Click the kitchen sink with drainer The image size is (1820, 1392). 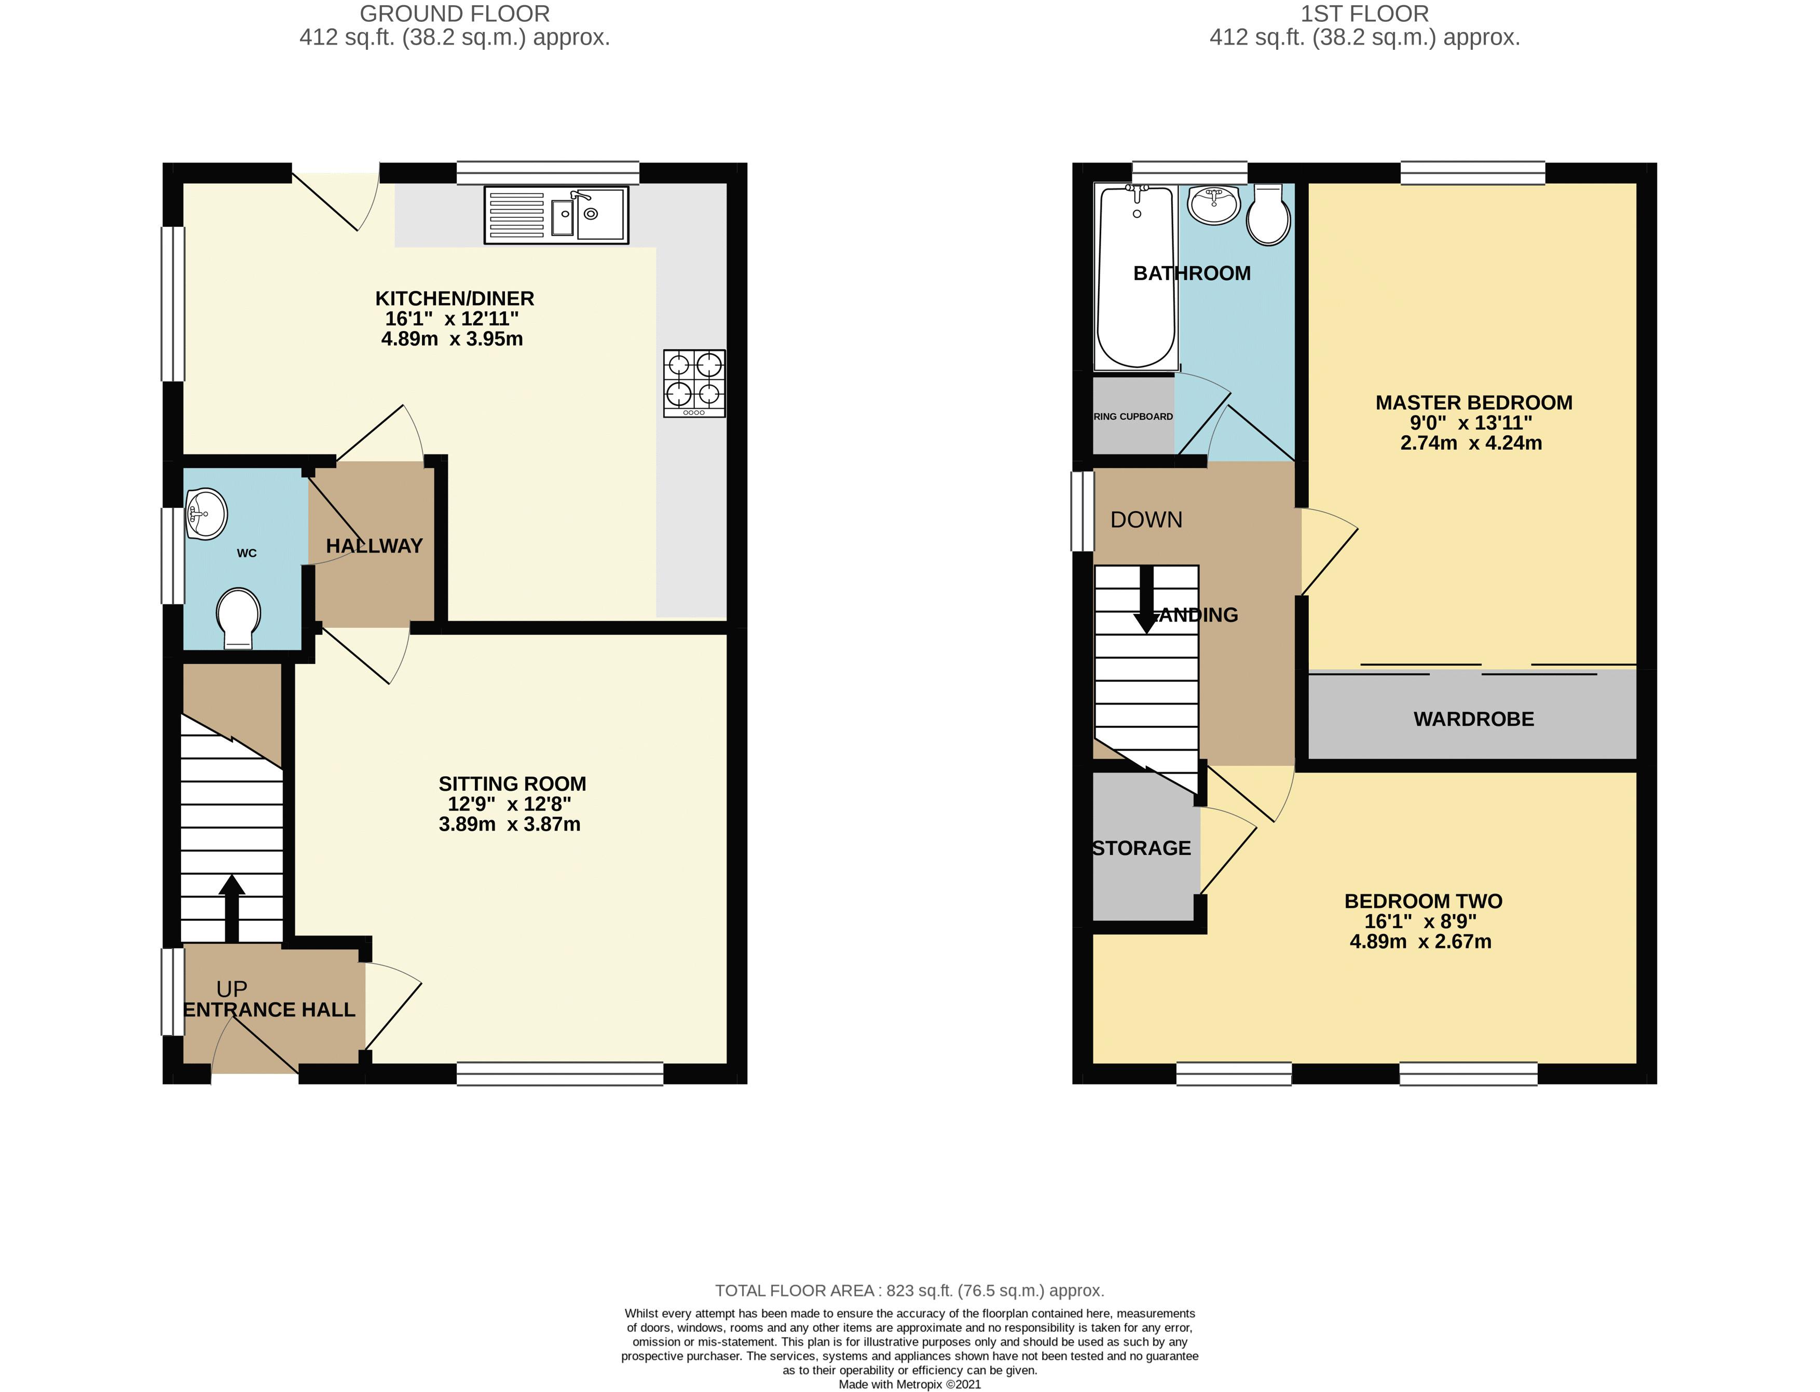tap(556, 215)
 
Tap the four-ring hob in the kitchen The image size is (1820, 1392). tap(694, 383)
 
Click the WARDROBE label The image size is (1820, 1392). tap(1473, 719)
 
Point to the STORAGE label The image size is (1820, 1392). tap(1141, 848)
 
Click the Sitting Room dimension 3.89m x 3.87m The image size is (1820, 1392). tap(509, 823)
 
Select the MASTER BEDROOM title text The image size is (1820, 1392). tap(1473, 403)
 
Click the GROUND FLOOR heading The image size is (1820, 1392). tap(454, 14)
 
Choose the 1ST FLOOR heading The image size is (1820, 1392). tap(1364, 14)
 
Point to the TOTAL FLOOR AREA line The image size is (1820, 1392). tap(909, 1290)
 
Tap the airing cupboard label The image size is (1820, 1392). tap(1133, 416)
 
